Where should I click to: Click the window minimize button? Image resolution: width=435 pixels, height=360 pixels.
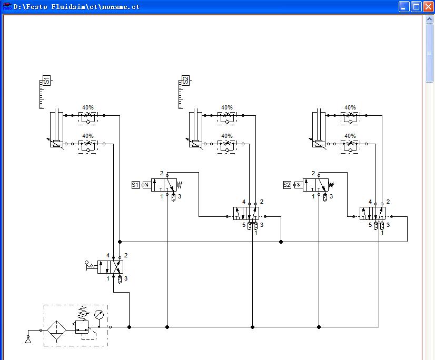click(x=404, y=7)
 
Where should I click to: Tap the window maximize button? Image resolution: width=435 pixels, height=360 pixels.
click(x=416, y=7)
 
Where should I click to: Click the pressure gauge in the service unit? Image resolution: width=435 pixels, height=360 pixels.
click(x=98, y=315)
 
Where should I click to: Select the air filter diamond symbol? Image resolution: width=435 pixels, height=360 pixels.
click(x=56, y=331)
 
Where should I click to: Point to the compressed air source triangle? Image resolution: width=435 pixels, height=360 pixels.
click(x=28, y=339)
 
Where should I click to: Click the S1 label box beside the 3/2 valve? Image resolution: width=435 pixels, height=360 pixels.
click(x=135, y=185)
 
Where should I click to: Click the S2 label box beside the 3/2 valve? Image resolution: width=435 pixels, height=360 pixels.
click(x=287, y=185)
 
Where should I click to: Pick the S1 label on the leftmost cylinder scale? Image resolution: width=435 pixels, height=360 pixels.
click(x=46, y=81)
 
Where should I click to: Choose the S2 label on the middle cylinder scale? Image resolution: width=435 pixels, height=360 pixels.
click(x=185, y=81)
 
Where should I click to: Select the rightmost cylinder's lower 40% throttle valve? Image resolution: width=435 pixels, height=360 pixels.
click(x=350, y=146)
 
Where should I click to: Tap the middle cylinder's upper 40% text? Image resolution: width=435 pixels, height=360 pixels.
click(x=226, y=107)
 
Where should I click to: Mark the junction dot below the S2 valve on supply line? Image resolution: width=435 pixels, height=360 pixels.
click(x=319, y=327)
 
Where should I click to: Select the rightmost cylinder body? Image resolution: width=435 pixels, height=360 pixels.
click(x=319, y=127)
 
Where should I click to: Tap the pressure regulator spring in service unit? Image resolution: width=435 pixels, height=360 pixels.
click(x=82, y=313)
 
